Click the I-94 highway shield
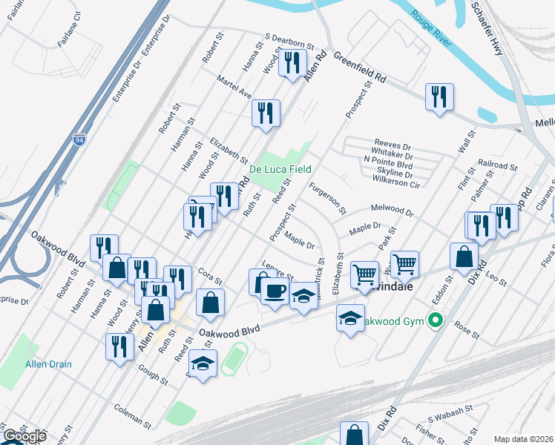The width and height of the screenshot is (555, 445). pyautogui.click(x=79, y=139)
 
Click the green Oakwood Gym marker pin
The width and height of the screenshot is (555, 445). pyautogui.click(x=436, y=320)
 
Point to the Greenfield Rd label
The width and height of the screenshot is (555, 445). pyautogui.click(x=360, y=67)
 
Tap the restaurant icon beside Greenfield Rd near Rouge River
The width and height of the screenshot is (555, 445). pyautogui.click(x=439, y=96)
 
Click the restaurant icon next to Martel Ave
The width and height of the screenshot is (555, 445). pyautogui.click(x=265, y=113)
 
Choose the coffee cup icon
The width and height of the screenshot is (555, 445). pyautogui.click(x=275, y=290)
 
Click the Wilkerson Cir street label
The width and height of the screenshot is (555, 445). pyautogui.click(x=394, y=182)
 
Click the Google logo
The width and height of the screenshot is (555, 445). pyautogui.click(x=25, y=436)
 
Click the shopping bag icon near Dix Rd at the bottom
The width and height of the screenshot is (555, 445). pyautogui.click(x=354, y=435)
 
